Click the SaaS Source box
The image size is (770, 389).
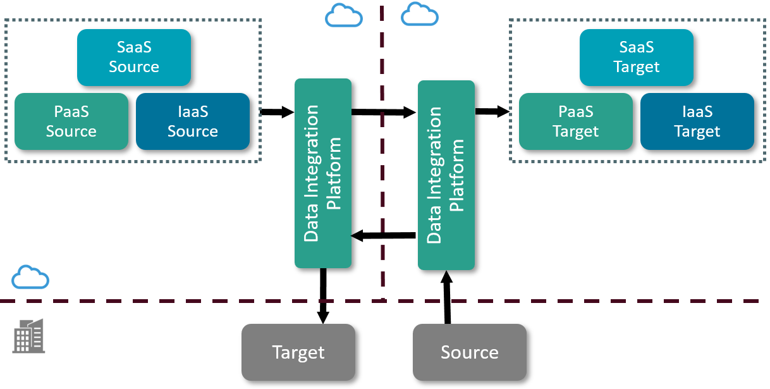[x=134, y=57]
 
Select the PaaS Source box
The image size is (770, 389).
[x=71, y=121]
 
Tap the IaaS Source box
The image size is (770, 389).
[x=193, y=121]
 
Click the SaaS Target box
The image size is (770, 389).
[x=637, y=57]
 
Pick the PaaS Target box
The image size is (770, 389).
[x=576, y=121]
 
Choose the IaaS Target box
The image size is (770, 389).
[x=697, y=121]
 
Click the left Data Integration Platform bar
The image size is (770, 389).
[x=323, y=173]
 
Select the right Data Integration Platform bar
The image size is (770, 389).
[x=446, y=175]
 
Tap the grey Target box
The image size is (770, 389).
[x=298, y=352]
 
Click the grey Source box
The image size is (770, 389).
[x=470, y=352]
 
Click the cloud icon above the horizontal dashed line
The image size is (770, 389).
[x=30, y=277]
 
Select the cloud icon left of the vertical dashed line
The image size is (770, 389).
[x=344, y=15]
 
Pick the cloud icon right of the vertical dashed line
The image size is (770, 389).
[x=420, y=15]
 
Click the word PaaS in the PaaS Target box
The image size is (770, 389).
[x=576, y=112]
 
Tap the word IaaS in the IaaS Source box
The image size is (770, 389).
[x=193, y=112]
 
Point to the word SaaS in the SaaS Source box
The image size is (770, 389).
[x=134, y=47]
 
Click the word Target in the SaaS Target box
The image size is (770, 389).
[x=637, y=67]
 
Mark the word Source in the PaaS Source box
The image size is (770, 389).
[x=71, y=132]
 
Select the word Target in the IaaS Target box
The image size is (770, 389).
[x=697, y=132]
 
